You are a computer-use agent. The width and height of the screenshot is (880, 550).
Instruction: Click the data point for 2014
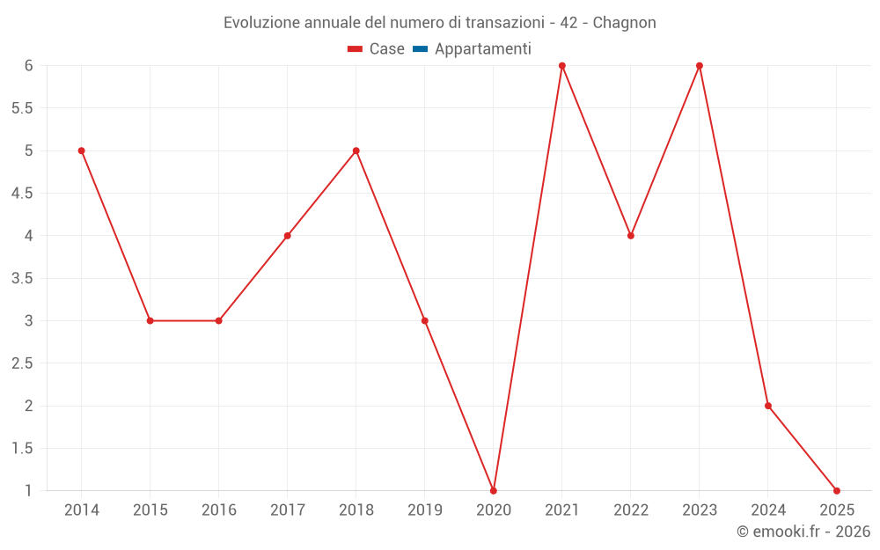[81, 150]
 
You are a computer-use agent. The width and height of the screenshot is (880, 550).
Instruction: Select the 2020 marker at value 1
[494, 490]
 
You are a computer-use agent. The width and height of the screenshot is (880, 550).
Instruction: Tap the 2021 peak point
[562, 66]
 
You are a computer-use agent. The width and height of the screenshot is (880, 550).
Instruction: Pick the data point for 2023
[700, 66]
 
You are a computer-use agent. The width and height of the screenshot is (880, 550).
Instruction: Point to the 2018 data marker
[356, 150]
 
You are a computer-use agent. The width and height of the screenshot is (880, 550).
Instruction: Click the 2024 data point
[768, 406]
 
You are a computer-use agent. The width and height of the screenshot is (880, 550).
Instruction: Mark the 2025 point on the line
[837, 490]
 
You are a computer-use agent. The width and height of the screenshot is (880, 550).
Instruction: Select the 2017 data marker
[288, 236]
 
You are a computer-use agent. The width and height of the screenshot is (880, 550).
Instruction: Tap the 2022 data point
[631, 236]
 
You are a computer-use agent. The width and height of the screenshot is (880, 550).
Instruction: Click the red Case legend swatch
[356, 49]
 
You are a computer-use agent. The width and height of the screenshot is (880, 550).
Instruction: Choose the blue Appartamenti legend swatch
[420, 49]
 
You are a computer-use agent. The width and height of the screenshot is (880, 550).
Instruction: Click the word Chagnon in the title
[624, 22]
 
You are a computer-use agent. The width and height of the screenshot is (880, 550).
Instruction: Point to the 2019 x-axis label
[425, 510]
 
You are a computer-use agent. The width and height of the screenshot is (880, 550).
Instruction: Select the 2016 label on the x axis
[219, 510]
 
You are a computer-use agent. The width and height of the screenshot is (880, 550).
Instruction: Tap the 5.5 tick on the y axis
[23, 108]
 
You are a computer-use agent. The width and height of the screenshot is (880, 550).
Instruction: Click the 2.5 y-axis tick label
[23, 363]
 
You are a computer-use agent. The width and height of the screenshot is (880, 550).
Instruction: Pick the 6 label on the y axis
[29, 66]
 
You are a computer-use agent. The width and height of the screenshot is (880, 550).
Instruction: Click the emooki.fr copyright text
[803, 532]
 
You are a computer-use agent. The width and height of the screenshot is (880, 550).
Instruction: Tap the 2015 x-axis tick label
[150, 510]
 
